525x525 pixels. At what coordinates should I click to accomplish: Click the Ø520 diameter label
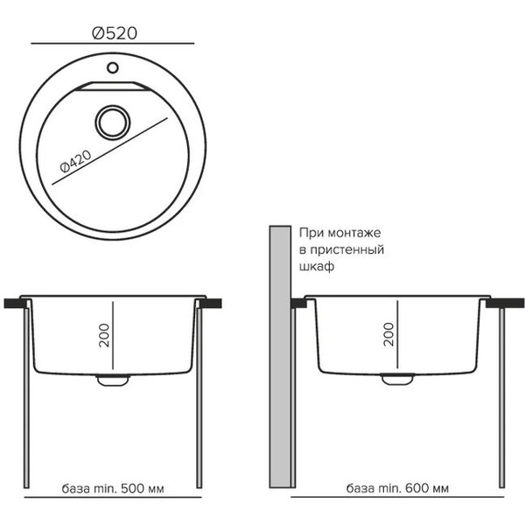pyautogui.click(x=115, y=33)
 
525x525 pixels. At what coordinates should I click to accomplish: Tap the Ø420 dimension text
pyautogui.click(x=75, y=162)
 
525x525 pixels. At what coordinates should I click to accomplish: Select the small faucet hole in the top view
pyautogui.click(x=113, y=67)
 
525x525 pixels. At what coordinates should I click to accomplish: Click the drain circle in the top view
pyautogui.click(x=113, y=122)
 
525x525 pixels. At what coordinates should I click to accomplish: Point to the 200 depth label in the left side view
pyautogui.click(x=104, y=335)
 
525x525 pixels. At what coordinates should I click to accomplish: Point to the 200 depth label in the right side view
pyautogui.click(x=388, y=334)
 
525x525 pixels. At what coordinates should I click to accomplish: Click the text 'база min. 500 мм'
pyautogui.click(x=113, y=488)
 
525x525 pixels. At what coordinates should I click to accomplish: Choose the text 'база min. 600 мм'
pyautogui.click(x=397, y=488)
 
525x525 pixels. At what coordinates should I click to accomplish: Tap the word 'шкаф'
pyautogui.click(x=317, y=267)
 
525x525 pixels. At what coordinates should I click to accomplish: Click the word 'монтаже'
pyautogui.click(x=354, y=233)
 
